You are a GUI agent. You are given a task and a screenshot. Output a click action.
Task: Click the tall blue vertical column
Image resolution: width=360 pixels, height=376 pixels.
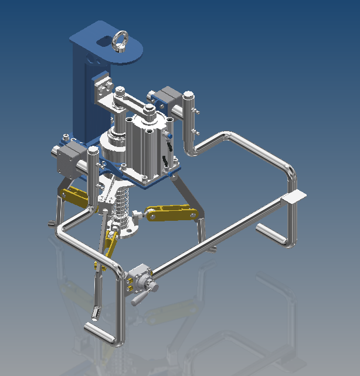pos(80,94)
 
